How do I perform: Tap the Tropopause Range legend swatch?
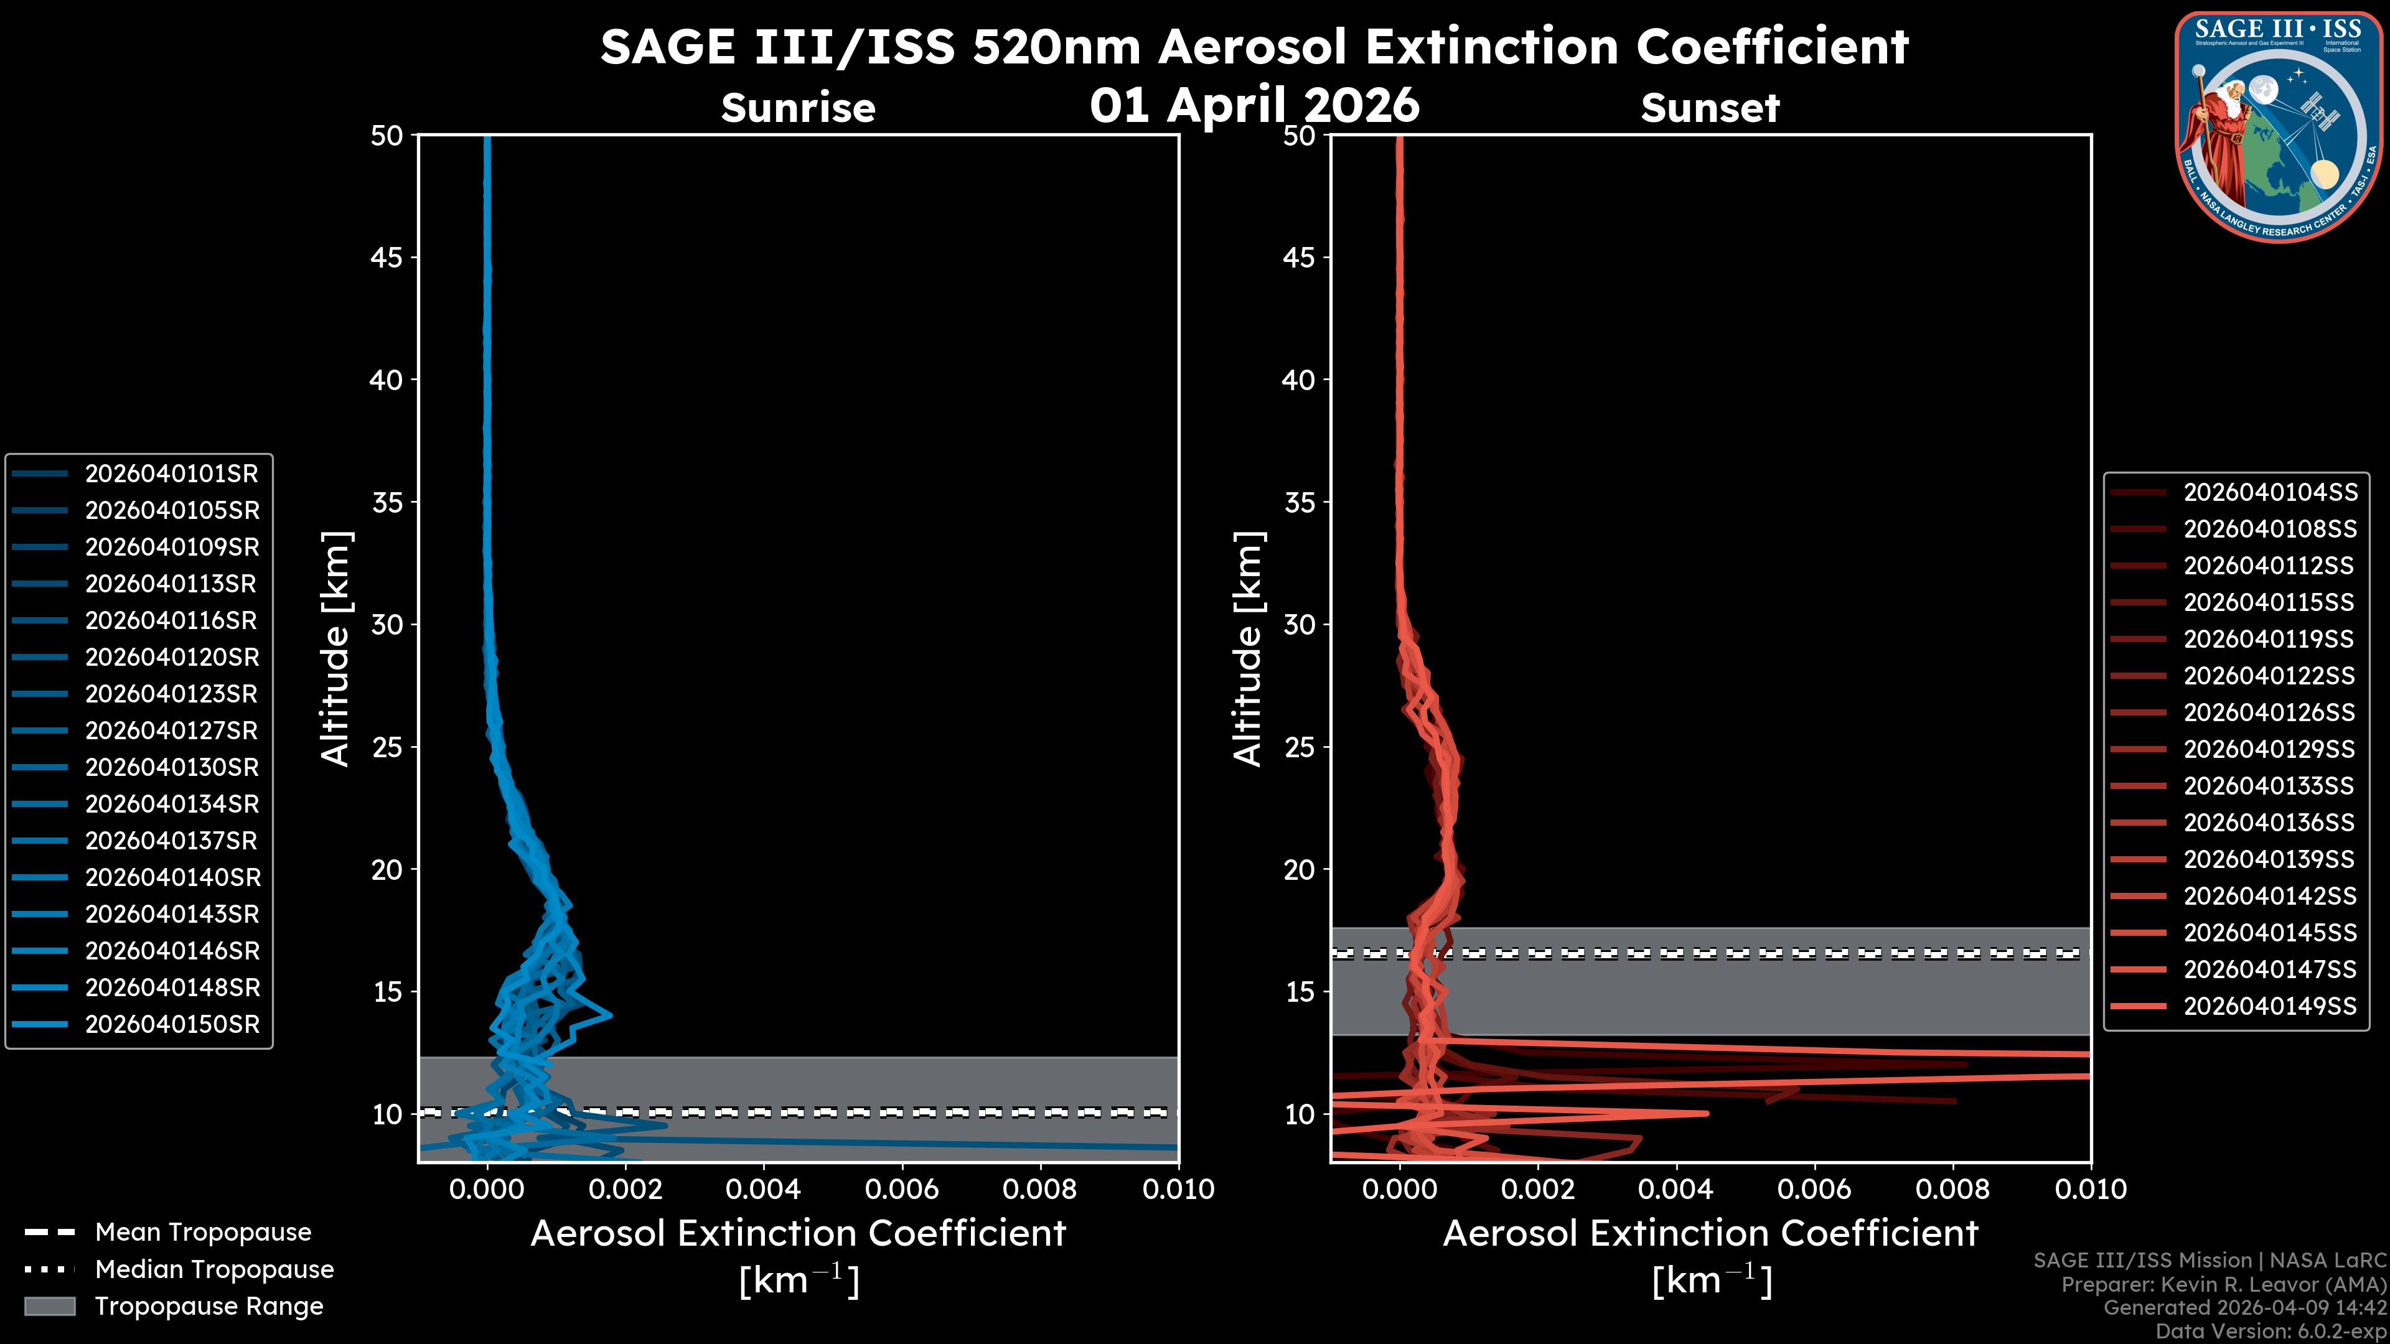click(x=50, y=1307)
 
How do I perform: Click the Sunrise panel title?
click(x=798, y=108)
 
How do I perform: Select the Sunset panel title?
click(x=1710, y=108)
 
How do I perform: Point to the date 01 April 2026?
click(x=1254, y=105)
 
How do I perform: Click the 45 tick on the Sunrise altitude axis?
click(x=387, y=258)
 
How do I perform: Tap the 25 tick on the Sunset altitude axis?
click(x=1299, y=747)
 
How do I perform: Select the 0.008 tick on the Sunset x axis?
click(x=1953, y=1189)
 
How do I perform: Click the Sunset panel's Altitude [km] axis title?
click(x=1248, y=649)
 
